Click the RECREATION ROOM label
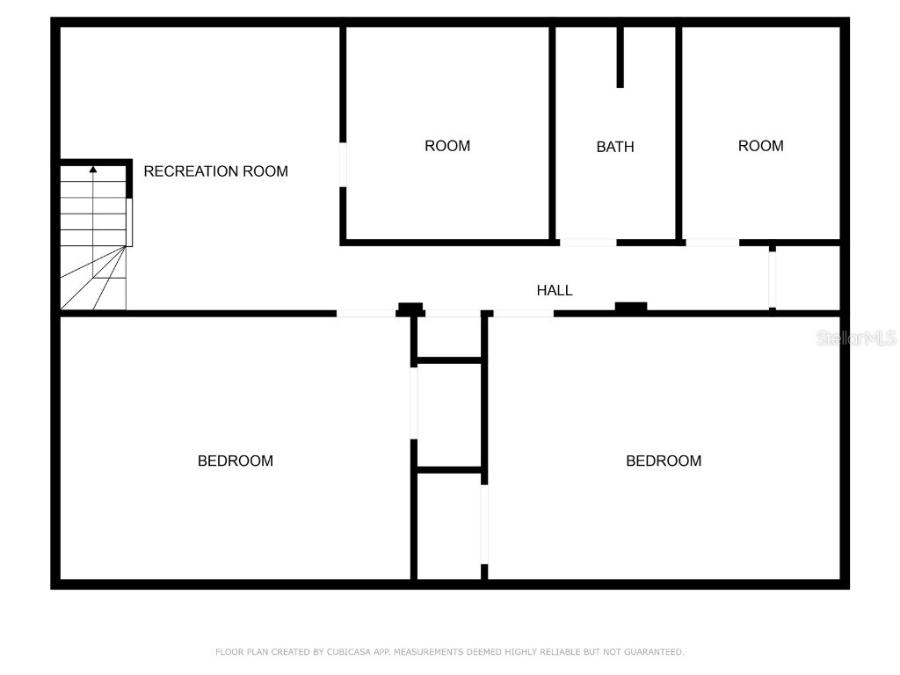coord(215,171)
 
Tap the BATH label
coord(615,147)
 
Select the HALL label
coord(555,290)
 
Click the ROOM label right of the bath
coord(760,146)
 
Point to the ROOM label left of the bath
coord(447,146)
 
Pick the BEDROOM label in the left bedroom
coord(235,461)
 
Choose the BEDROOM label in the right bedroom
coord(664,461)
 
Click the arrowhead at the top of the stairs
coord(93,168)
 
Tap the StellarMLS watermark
coord(856,337)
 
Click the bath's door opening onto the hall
coord(588,242)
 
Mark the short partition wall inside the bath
coord(620,57)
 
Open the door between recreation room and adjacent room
coord(343,163)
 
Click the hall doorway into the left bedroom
coord(366,313)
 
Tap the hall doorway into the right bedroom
coord(523,313)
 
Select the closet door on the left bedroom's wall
coord(413,402)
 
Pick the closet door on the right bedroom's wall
coord(484,524)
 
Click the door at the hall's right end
coord(773,279)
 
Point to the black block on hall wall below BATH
coord(631,307)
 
